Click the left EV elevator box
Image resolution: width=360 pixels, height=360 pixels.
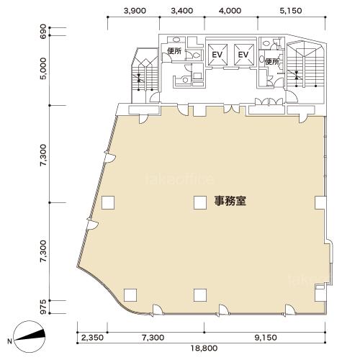coord(217,55)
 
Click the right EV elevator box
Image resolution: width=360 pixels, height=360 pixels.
coord(244,55)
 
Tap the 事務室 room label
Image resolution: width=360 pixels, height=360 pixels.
coord(230,201)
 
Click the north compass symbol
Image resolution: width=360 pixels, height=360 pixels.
coord(30,336)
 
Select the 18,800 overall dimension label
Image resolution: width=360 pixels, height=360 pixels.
coord(204,348)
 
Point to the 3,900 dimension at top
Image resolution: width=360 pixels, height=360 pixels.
coord(135,11)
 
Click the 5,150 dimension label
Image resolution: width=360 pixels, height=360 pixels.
coord(291,11)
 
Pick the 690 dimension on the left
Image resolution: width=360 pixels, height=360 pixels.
coord(43,30)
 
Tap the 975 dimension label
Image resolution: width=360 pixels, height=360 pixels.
coord(43,307)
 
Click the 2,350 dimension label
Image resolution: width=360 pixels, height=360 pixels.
coord(92,338)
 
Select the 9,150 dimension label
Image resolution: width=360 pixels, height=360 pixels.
coord(266,338)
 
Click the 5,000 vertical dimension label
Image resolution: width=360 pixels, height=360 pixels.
coord(43,68)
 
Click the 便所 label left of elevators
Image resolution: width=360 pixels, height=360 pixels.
coord(174,50)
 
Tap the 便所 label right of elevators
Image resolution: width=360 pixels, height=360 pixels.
coord(272,62)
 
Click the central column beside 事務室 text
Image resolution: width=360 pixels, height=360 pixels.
coord(200,202)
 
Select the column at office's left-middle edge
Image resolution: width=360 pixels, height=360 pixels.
coord(108,202)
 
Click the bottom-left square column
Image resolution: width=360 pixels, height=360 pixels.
coord(130,295)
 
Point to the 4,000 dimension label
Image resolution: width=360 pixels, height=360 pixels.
coord(230,11)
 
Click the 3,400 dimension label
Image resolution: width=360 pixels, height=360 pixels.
coord(181,11)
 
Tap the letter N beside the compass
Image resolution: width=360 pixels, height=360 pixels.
coord(9,341)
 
